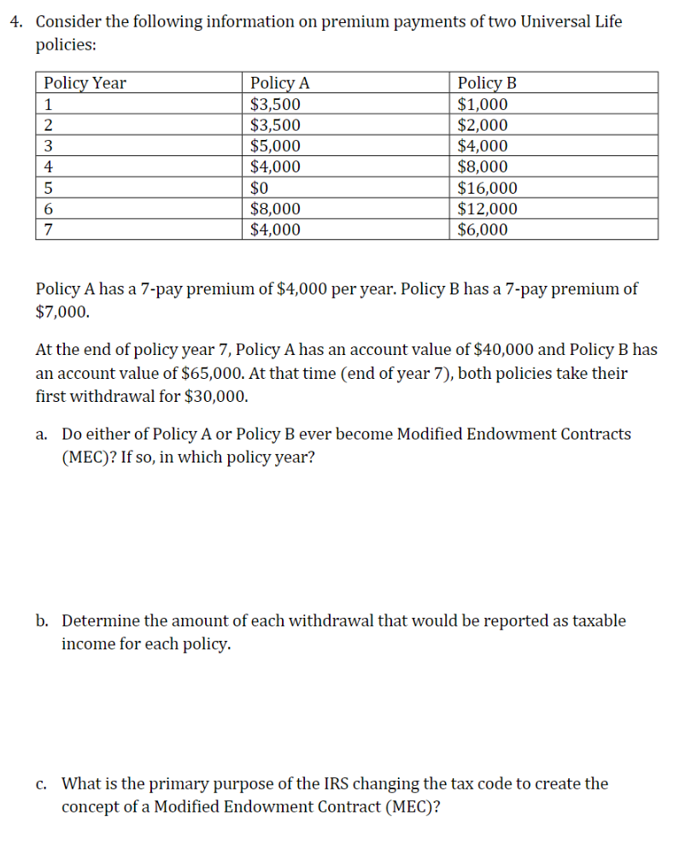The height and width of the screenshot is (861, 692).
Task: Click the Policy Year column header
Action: point(85,83)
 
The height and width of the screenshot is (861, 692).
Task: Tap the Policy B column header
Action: point(487,83)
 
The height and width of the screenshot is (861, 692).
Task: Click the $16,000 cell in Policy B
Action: point(487,189)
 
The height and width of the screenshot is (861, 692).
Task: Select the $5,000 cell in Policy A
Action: point(274,146)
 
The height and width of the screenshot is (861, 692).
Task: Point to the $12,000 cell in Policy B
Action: point(487,209)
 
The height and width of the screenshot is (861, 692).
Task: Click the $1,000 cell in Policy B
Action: point(483,104)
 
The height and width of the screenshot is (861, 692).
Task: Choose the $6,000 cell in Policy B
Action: point(483,230)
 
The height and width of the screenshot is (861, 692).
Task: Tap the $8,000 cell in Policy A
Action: point(274,209)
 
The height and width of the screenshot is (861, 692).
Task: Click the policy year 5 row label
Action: point(49,189)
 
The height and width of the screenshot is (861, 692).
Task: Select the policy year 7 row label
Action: point(49,230)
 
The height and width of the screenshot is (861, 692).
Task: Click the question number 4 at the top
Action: point(15,21)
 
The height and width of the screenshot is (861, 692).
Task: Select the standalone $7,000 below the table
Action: point(62,312)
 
